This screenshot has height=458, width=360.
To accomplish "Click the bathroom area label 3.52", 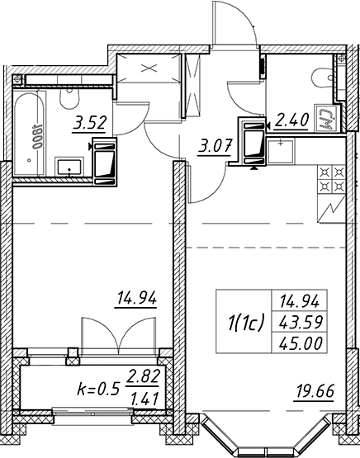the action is (x=89, y=123).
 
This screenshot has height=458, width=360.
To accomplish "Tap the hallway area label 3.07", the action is (x=215, y=146).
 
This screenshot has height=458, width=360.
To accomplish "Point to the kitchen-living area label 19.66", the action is (x=315, y=391).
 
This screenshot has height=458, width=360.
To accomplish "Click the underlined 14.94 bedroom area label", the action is (x=136, y=298).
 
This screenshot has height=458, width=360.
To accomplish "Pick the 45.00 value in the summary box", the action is (x=300, y=343).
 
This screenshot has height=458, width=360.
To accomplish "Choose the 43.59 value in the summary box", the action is (x=300, y=323).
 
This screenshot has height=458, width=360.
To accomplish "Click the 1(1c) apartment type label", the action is (x=245, y=322).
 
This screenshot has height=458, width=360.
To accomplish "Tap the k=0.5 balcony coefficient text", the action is (x=98, y=389).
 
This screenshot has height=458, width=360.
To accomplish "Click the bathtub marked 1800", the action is (x=30, y=134).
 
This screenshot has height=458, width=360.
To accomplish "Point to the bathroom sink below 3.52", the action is (x=69, y=167).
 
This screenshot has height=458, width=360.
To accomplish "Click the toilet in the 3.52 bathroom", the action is (x=69, y=97).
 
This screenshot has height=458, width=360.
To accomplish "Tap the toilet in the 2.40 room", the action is (x=322, y=78).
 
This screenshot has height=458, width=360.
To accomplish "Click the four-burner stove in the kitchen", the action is (x=331, y=180).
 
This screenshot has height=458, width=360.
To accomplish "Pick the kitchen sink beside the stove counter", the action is (x=281, y=151).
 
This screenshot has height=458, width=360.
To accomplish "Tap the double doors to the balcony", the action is (x=118, y=336).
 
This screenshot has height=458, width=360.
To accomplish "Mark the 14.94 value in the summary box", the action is (x=300, y=301).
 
